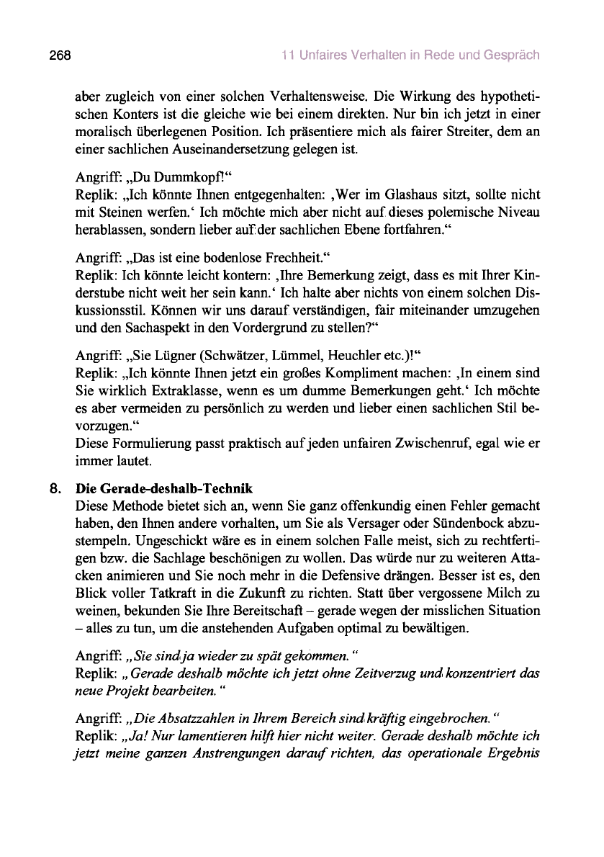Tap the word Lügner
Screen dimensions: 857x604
click(x=173, y=356)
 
